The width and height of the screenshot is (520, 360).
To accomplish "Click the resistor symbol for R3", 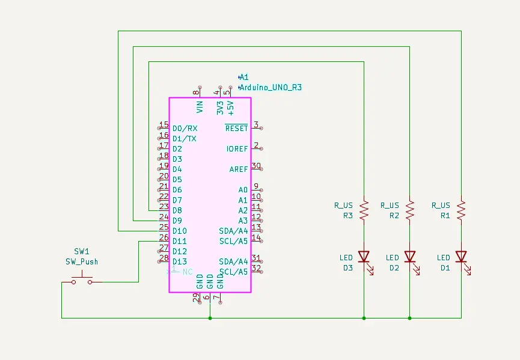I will coord(364,210).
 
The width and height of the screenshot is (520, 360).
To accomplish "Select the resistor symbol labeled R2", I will coord(409,210).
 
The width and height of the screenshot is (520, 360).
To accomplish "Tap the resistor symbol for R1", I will coord(461,210).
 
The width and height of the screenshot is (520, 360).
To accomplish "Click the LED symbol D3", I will coord(364,257).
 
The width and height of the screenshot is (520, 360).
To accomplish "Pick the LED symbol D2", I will coord(409,257).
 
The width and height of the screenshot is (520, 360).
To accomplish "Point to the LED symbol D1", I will coord(461,257).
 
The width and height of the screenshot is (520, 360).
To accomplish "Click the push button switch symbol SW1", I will coord(82,279).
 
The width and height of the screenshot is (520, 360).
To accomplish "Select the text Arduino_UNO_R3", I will coord(271,88).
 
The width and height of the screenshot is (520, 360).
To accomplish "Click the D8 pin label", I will coord(177,210).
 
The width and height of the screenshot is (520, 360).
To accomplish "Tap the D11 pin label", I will coord(179,241).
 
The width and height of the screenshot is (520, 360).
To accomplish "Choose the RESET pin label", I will coord(236,128).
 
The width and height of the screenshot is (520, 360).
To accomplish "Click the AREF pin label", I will coord(238,169).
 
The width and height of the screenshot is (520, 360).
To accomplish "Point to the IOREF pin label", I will coord(237,148).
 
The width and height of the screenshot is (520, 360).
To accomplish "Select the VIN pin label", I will coord(200,107).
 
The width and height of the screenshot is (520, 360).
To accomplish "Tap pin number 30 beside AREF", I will coord(257,166).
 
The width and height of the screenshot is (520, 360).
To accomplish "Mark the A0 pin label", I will coord(243,190).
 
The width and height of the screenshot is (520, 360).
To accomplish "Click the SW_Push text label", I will coord(82,261).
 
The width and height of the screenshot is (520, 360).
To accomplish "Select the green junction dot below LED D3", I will coord(364,318).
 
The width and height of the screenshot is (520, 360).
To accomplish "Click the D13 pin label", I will coord(179,261).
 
